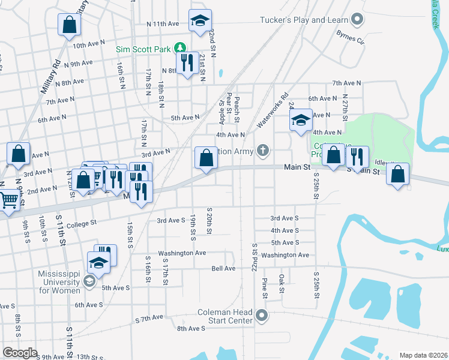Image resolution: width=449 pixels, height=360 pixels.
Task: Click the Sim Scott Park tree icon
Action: tap(179, 47)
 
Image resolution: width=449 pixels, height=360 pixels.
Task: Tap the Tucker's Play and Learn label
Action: tap(304, 20)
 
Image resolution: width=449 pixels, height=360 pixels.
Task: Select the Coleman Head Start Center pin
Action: tap(261, 314)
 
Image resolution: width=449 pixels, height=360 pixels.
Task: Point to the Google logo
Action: tap(20, 352)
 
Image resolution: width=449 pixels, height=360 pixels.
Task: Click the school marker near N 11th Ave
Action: tap(199, 22)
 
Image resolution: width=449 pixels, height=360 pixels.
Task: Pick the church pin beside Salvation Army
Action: tap(263, 151)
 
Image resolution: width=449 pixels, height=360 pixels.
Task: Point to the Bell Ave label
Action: tap(223, 268)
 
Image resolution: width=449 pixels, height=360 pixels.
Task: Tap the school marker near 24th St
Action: tap(301, 121)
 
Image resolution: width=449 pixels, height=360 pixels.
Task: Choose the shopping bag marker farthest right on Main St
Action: tap(397, 175)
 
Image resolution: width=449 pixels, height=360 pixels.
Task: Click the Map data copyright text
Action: tap(423, 355)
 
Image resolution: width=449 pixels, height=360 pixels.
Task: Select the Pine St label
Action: tap(264, 287)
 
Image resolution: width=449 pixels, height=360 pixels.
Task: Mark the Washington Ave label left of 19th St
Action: tap(182, 253)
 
